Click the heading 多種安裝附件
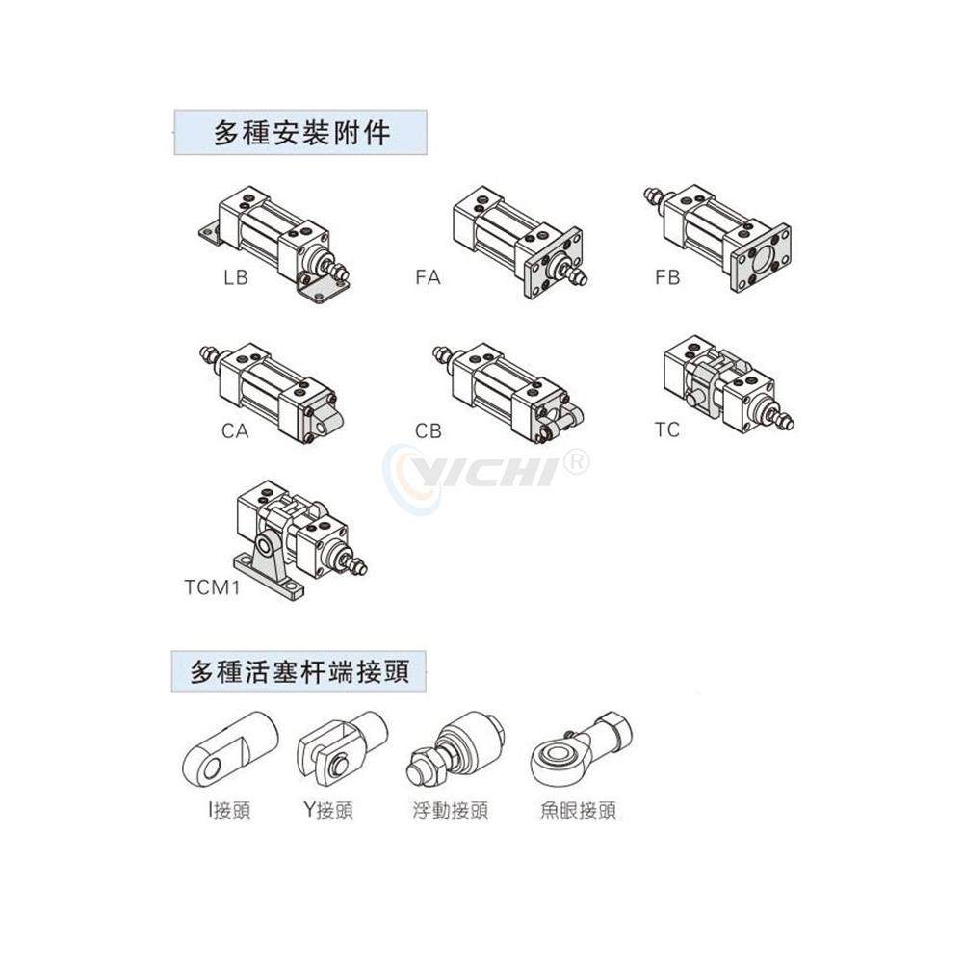(300, 132)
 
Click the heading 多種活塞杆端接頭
(299, 670)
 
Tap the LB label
(235, 278)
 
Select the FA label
(428, 278)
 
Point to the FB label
(666, 278)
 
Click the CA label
(235, 430)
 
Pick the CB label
(429, 430)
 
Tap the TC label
(666, 429)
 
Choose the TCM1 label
(211, 586)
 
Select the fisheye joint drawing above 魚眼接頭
(578, 747)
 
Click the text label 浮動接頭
(449, 811)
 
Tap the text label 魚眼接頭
(577, 811)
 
